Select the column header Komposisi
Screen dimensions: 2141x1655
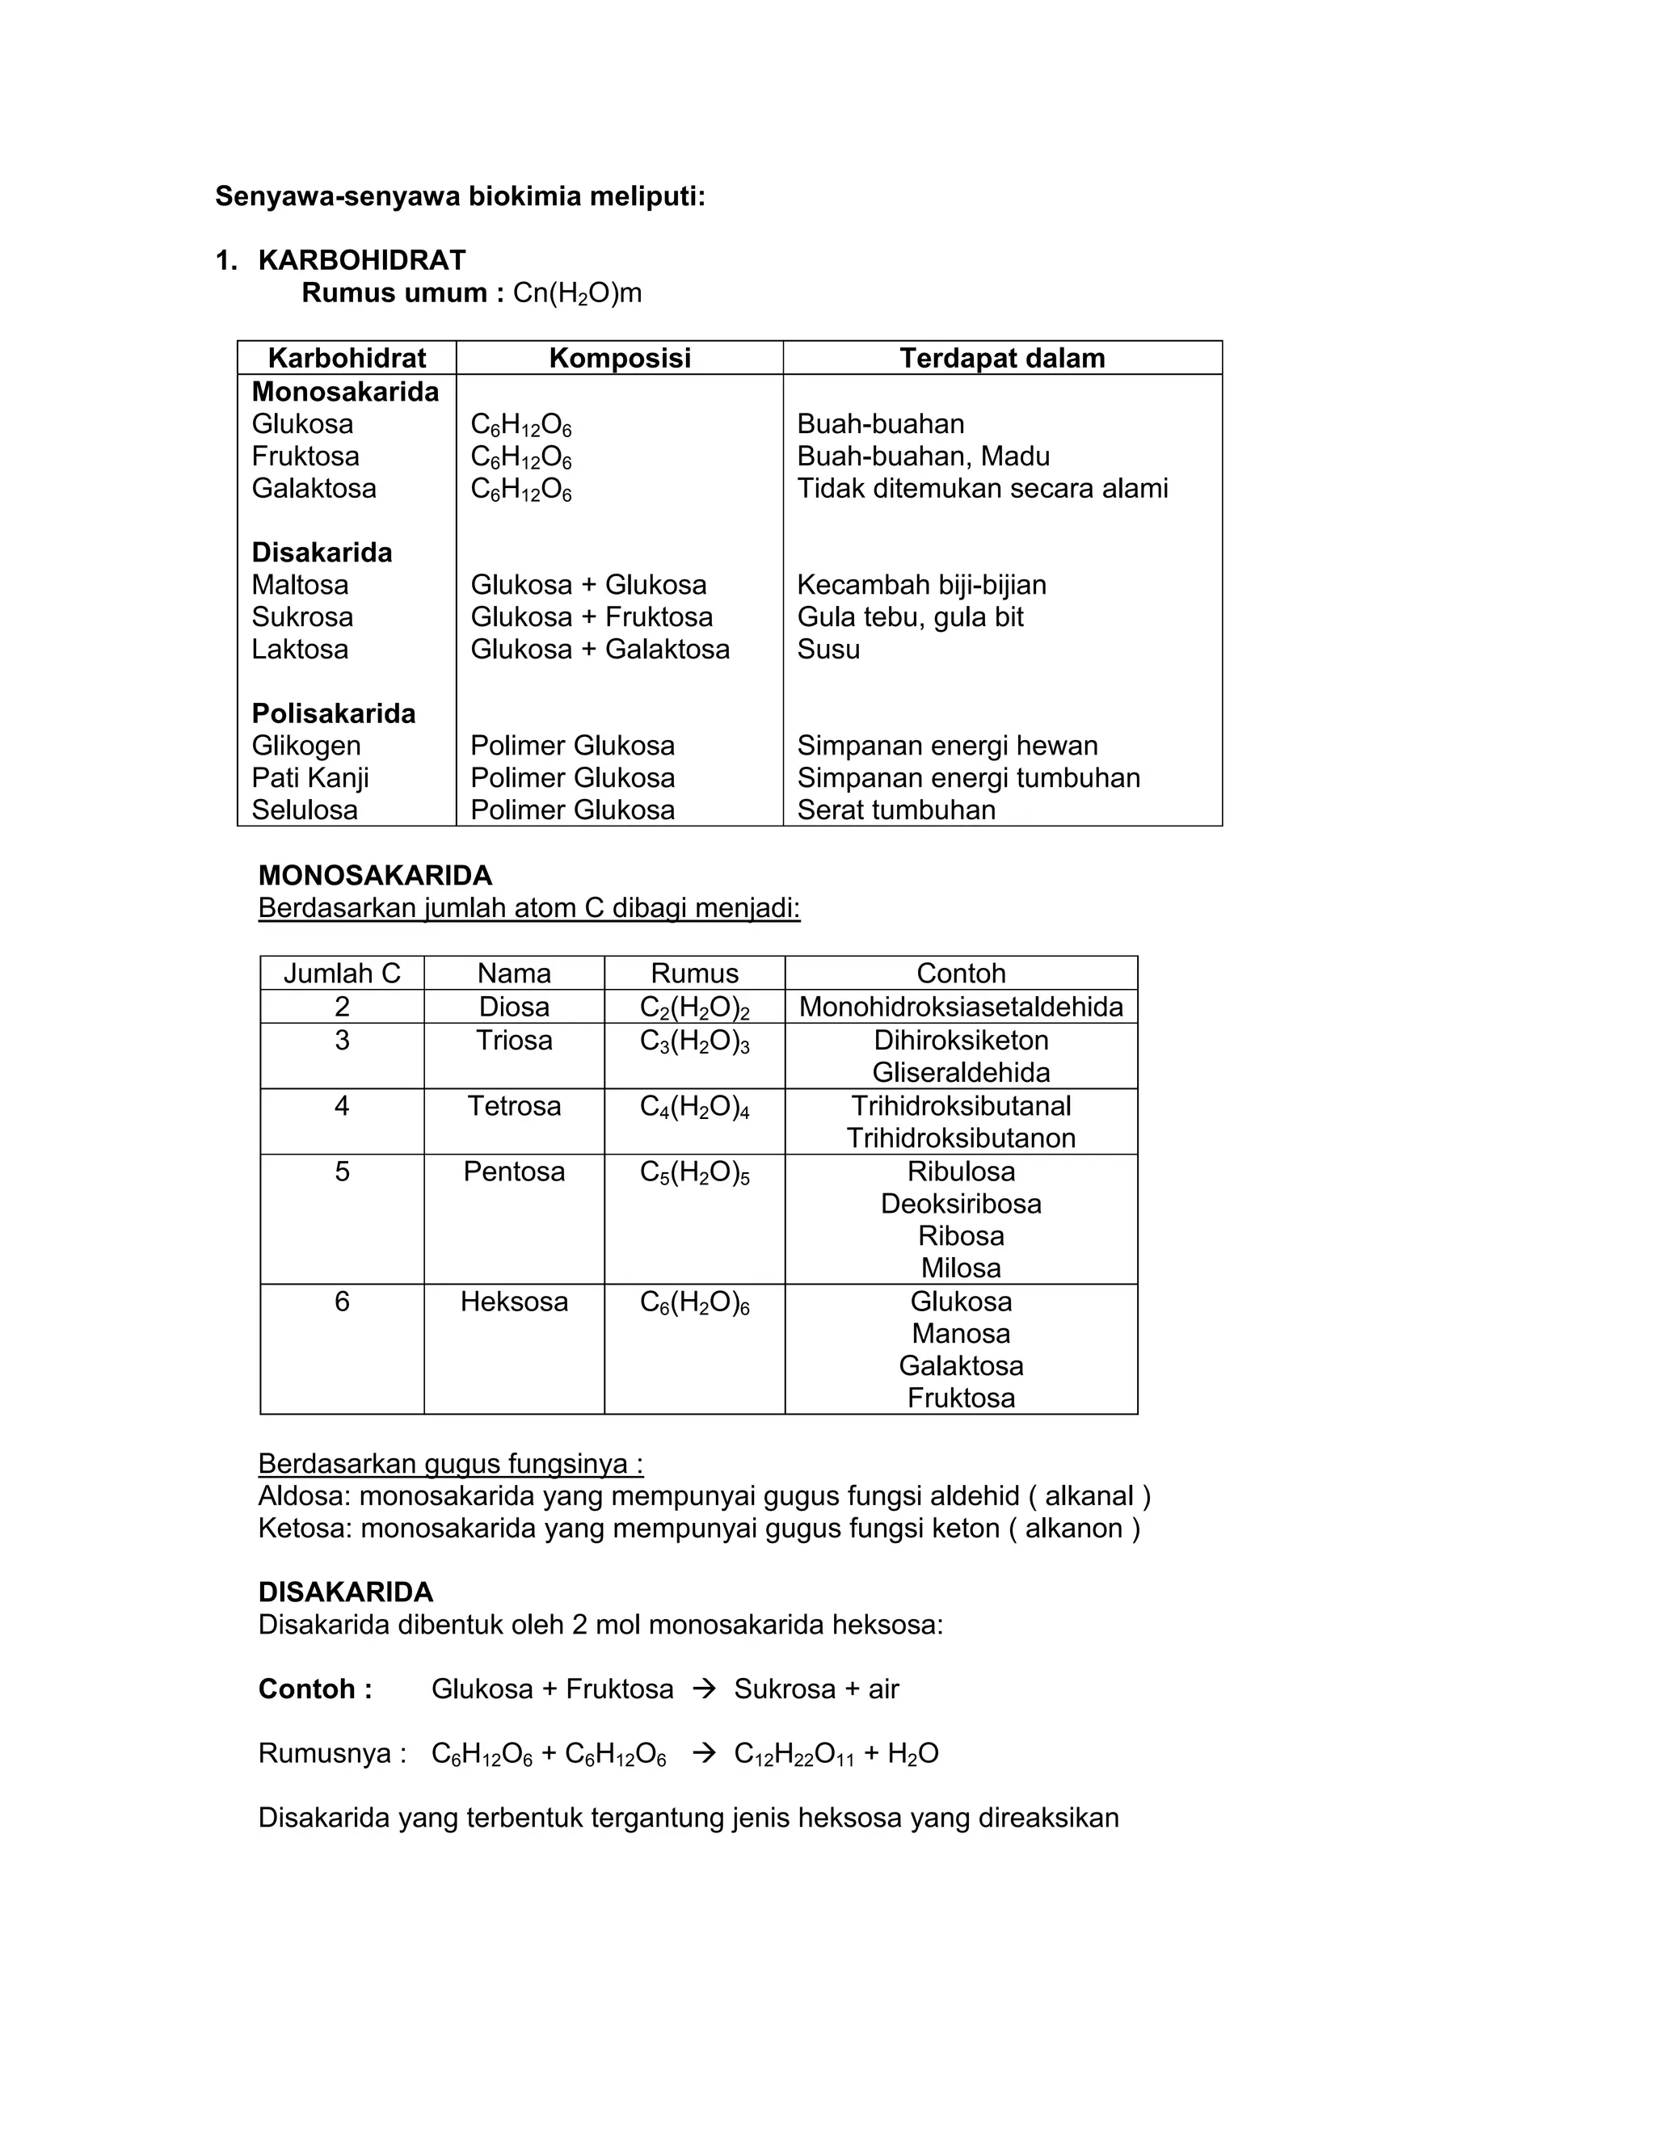620,358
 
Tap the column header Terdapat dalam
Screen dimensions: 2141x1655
1002,358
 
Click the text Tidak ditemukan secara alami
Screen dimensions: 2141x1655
983,488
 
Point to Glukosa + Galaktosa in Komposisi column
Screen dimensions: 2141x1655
600,649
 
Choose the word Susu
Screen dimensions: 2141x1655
828,649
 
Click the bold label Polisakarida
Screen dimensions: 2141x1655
334,713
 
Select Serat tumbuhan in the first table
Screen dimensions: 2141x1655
896,810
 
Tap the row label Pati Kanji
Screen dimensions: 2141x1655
310,777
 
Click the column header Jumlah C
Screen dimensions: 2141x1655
342,973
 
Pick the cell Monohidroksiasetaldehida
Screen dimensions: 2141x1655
961,1007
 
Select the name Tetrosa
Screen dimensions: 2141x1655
514,1106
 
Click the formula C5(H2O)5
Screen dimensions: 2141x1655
694,1172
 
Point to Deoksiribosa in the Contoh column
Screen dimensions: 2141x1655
961,1203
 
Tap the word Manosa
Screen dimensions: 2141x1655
961,1333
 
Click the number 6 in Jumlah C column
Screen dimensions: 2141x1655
342,1301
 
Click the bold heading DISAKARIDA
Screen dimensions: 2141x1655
345,1592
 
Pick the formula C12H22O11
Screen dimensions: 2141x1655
794,1754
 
